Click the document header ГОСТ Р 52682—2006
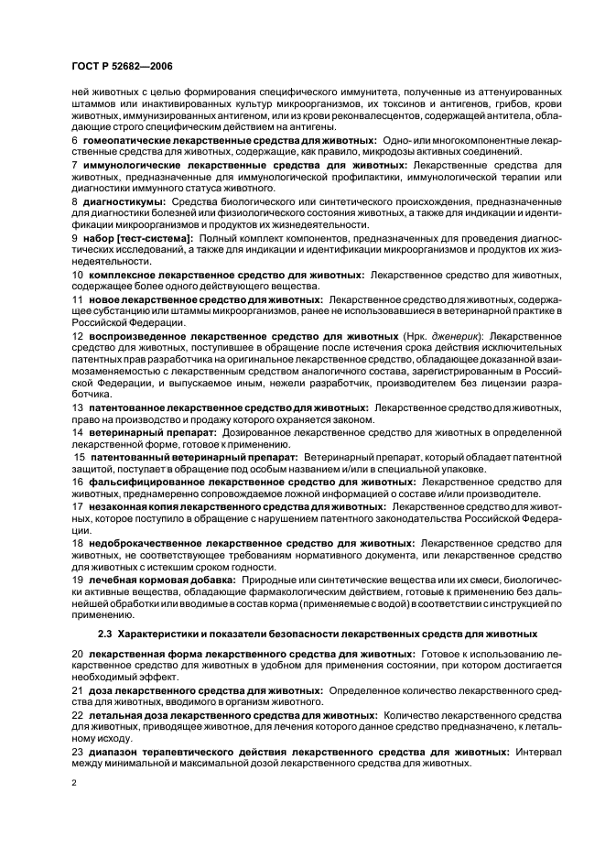point(120,67)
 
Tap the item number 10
point(76,275)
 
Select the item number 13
point(76,406)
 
